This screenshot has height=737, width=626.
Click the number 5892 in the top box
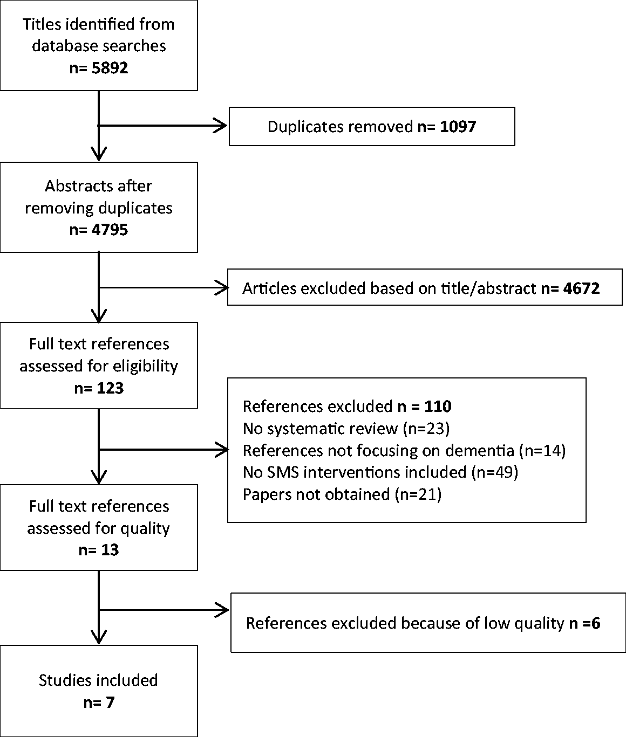110,68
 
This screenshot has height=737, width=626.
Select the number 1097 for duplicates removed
458,127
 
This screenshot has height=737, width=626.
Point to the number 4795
110,230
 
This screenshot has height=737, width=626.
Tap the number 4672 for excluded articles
581,288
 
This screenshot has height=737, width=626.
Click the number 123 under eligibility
110,388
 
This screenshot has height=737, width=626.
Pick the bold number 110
438,407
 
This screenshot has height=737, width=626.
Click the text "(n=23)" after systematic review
426,429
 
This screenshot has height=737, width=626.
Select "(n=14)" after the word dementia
542,451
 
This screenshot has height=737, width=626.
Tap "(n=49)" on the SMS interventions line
495,472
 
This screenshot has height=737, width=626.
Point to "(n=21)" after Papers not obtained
418,494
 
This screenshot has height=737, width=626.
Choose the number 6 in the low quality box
596,623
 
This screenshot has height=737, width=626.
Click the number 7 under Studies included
110,702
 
